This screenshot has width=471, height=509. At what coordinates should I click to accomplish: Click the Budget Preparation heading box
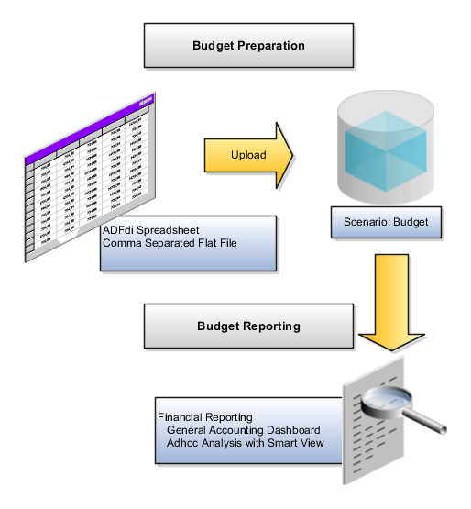pos(248,45)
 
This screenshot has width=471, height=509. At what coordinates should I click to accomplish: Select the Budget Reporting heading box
pos(248,326)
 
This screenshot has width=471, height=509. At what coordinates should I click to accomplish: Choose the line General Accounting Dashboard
pos(243,430)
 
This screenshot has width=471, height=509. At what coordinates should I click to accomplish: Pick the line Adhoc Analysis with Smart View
pos(245,443)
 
